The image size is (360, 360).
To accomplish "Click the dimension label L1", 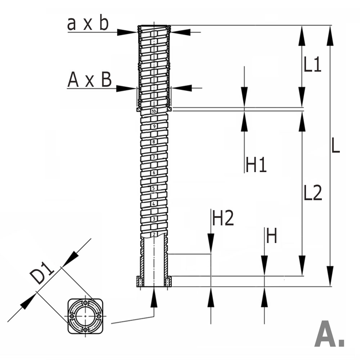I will coord(312,65).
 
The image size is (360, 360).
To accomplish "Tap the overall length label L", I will coord(335,146).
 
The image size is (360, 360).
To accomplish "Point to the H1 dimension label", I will coord(256,165).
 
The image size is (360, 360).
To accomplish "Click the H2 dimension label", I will coord(223,218).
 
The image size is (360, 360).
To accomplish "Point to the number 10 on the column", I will coord(154,111).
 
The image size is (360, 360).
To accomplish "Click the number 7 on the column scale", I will coord(154,157).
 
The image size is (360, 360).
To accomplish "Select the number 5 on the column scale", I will coord(154,188).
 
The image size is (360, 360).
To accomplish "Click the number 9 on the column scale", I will coord(154,126).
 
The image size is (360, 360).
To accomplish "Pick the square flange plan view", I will coord(85,316).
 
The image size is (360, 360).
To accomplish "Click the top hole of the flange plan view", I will coord(85,302).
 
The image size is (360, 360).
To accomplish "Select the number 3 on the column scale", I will coord(154,219).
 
